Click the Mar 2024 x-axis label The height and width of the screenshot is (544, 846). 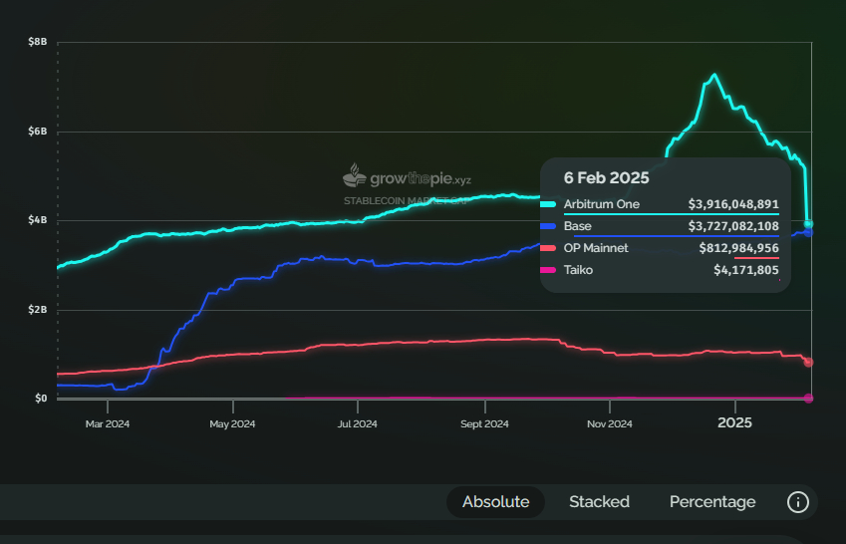(108, 423)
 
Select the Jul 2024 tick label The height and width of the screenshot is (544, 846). (357, 423)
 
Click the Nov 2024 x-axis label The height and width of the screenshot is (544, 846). (610, 423)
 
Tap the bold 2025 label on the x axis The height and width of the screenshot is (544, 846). (735, 422)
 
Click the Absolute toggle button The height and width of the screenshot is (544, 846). (495, 502)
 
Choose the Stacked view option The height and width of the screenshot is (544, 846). (599, 502)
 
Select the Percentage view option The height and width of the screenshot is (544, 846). (712, 502)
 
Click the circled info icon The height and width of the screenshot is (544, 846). (797, 502)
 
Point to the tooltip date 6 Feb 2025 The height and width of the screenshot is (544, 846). (606, 178)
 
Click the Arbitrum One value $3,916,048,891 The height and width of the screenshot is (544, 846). (733, 204)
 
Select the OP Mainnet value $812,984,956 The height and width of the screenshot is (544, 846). (739, 248)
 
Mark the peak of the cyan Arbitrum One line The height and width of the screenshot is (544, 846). (714, 75)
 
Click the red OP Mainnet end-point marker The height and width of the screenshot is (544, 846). (808, 363)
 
